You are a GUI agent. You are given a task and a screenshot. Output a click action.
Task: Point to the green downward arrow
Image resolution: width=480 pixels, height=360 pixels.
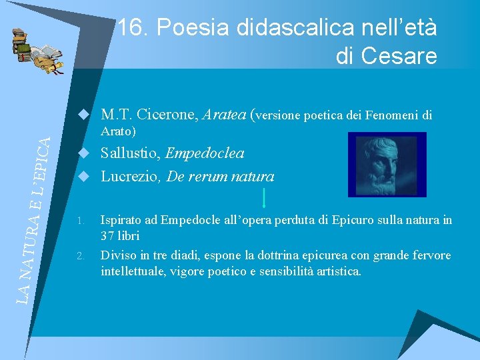point(265,198)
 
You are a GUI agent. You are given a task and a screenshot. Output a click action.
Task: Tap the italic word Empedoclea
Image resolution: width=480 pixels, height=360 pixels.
point(205,153)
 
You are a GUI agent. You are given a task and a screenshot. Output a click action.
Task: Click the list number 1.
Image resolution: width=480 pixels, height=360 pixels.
point(81,220)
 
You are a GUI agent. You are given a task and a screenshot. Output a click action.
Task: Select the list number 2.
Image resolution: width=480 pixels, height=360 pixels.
point(81,257)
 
